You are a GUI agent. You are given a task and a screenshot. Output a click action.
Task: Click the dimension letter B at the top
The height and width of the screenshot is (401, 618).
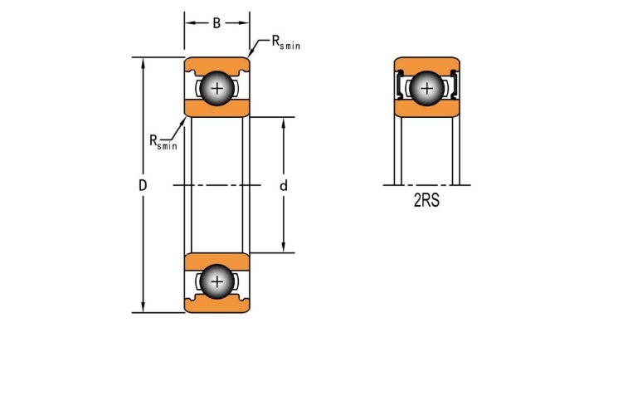[x=217, y=23]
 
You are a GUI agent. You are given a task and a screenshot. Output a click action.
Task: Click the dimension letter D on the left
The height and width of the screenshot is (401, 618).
[x=143, y=185]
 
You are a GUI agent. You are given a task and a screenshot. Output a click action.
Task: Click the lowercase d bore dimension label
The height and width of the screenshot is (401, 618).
[x=284, y=185]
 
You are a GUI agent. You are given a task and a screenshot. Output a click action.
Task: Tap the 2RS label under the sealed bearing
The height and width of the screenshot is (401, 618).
[x=426, y=201]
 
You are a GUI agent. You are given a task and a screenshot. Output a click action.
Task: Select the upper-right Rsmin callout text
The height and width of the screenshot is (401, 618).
[x=286, y=42]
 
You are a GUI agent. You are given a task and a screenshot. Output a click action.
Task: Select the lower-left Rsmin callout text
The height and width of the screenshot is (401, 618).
[x=163, y=142]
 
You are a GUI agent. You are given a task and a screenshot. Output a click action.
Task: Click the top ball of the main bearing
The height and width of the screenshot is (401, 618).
[x=217, y=88]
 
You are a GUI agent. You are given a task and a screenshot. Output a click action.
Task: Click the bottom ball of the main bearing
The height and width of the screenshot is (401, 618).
[x=217, y=281]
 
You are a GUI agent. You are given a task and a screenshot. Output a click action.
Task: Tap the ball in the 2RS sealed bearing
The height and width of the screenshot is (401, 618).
[x=426, y=88]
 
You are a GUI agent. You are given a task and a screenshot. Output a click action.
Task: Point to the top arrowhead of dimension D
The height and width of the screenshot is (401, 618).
[x=143, y=62]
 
